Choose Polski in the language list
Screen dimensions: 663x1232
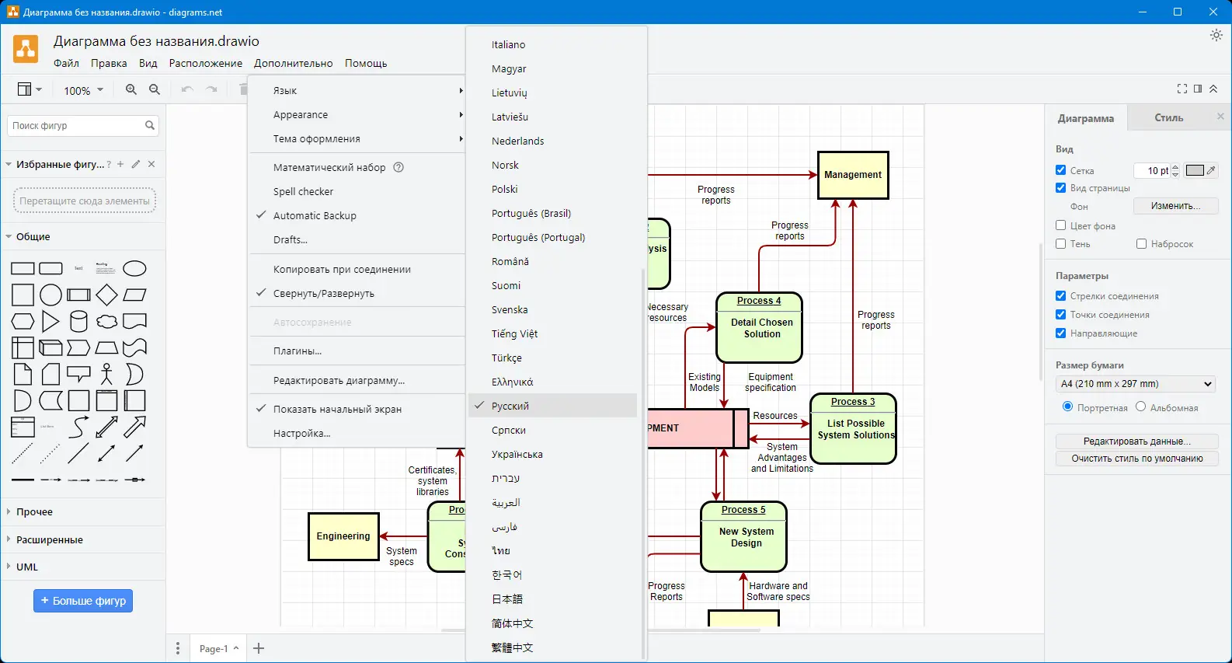click(505, 190)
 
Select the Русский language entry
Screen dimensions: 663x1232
click(510, 406)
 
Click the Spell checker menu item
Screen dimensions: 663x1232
click(303, 192)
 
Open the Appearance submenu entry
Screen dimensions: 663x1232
click(301, 115)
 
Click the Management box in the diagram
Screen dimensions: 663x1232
click(853, 175)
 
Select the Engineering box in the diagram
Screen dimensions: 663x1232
click(343, 536)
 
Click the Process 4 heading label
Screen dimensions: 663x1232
click(759, 301)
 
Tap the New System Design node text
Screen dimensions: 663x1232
click(746, 537)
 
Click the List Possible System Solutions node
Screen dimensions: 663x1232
click(855, 429)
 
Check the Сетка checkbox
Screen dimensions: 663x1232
click(1061, 170)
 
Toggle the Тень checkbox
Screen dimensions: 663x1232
click(1061, 244)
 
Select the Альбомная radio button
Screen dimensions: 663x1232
click(1141, 407)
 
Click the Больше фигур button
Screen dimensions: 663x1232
click(83, 601)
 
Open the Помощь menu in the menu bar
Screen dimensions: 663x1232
click(366, 64)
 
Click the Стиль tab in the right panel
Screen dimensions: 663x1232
click(1168, 118)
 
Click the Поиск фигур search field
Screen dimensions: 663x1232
click(77, 125)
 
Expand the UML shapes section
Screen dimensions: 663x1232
click(27, 567)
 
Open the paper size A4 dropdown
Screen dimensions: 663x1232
click(1136, 384)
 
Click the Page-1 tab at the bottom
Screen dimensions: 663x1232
click(214, 648)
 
